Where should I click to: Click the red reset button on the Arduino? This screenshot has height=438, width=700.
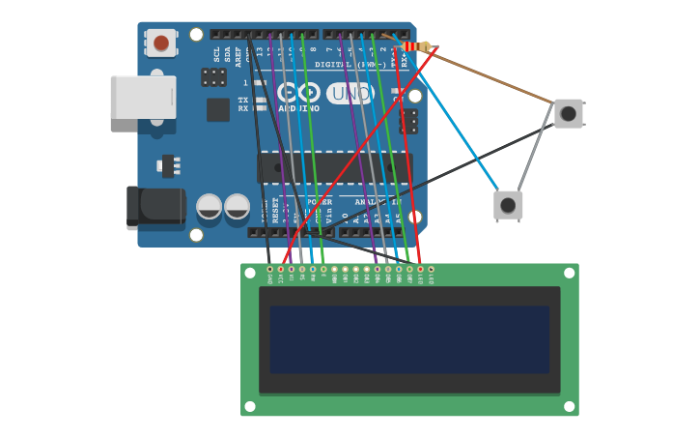161,43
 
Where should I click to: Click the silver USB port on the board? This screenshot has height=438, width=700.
143,97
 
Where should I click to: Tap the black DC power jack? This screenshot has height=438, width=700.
154,207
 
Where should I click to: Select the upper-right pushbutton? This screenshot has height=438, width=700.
568,113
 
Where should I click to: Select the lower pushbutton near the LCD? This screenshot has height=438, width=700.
508,205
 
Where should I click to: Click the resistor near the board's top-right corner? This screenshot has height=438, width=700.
417,46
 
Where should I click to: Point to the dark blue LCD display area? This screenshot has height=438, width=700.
409,339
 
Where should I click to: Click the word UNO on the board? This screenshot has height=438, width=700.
350,93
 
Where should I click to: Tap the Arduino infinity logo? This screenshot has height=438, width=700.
298,93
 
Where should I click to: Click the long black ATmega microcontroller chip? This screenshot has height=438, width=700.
333,167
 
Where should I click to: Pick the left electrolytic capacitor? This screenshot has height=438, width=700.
210,206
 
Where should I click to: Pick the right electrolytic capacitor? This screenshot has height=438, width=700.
237,206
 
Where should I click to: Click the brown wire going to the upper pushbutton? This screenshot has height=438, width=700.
492,74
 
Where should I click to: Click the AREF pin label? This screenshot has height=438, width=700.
238,57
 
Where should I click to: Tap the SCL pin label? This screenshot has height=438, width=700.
216,55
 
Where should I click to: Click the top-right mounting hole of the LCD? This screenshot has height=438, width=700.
569,273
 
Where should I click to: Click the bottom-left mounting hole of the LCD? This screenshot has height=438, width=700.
250,406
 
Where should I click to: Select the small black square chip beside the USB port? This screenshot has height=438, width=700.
218,109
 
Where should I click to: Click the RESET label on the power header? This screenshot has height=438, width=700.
275,211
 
